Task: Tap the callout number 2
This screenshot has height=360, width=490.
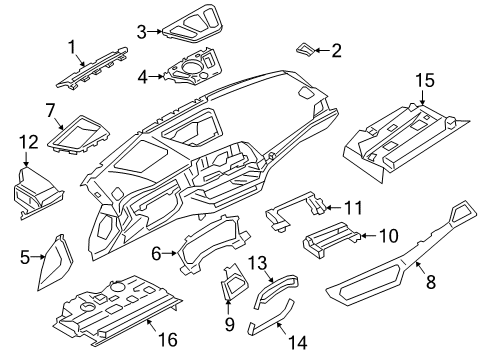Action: click(x=336, y=49)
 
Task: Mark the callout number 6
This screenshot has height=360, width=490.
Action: click(x=157, y=255)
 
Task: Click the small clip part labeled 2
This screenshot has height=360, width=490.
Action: click(x=306, y=47)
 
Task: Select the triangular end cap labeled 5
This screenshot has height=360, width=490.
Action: click(x=52, y=264)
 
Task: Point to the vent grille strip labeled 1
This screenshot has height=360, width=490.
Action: click(x=100, y=64)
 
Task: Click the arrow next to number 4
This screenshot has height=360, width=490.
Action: click(x=157, y=75)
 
